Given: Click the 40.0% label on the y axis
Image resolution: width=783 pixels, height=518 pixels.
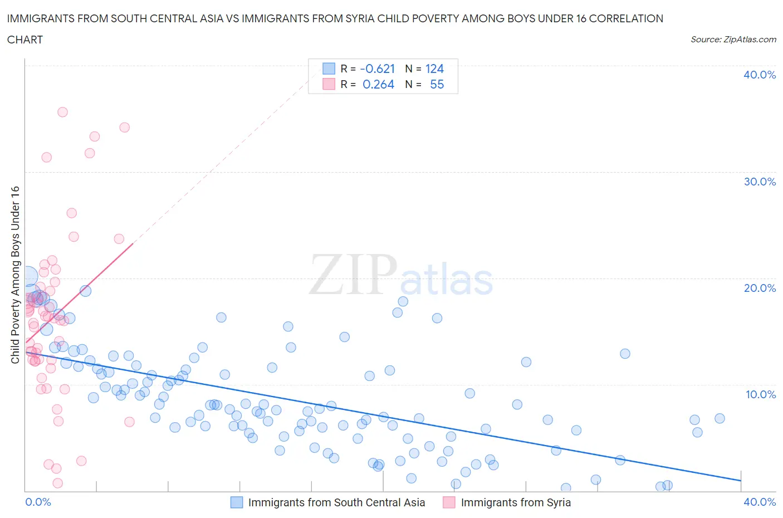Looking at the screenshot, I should pyautogui.click(x=760, y=75).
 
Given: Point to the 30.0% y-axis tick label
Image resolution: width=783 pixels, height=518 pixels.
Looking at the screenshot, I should pyautogui.click(x=760, y=182).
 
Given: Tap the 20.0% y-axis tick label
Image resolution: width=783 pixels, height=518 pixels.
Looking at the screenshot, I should pyautogui.click(x=760, y=288).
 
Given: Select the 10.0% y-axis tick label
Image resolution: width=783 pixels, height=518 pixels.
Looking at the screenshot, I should pyautogui.click(x=760, y=394).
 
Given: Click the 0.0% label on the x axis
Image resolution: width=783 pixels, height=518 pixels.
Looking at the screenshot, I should pyautogui.click(x=38, y=502).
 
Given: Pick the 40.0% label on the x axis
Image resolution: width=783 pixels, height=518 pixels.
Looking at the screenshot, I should pyautogui.click(x=760, y=502).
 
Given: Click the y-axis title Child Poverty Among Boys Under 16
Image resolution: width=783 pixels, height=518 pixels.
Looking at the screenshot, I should pyautogui.click(x=15, y=275).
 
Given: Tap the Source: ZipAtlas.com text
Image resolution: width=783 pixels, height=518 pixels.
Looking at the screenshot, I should pyautogui.click(x=733, y=39).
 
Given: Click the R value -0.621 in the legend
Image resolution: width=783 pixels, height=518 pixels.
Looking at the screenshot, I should pyautogui.click(x=378, y=69).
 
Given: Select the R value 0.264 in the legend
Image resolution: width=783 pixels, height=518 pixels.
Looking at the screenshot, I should pyautogui.click(x=378, y=84).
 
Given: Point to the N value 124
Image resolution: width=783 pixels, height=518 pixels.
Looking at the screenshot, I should pyautogui.click(x=434, y=69).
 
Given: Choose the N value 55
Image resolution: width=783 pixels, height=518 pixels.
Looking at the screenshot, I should pyautogui.click(x=437, y=84).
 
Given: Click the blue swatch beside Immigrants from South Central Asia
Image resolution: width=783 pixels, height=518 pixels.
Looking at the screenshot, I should pyautogui.click(x=237, y=502).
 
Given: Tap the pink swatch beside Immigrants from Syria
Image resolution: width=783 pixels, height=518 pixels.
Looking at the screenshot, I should pyautogui.click(x=449, y=502).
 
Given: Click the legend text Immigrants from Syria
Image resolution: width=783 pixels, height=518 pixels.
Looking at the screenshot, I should pyautogui.click(x=516, y=502).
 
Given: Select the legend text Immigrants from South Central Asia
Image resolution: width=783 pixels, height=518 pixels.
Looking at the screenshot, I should pyautogui.click(x=336, y=502).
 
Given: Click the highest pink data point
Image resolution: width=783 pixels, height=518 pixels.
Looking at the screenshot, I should pyautogui.click(x=62, y=112).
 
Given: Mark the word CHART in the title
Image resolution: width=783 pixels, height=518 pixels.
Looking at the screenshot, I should pyautogui.click(x=25, y=40).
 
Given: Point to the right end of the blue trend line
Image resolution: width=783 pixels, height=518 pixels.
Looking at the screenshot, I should pyautogui.click(x=741, y=480).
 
